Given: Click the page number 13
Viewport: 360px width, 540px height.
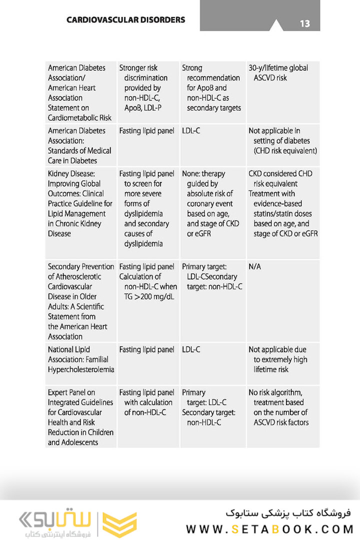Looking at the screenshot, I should pos(305,23).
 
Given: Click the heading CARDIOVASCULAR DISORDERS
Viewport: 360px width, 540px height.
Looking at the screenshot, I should pos(125,20).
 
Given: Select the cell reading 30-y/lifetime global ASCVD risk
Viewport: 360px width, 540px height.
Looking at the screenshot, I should pos(278,73).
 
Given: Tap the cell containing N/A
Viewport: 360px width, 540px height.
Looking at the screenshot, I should pos(254,267).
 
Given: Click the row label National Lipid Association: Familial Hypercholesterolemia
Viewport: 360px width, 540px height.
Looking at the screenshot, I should pos(81,359).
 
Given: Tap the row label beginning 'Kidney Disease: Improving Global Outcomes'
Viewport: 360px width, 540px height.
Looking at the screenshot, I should pos(80,203).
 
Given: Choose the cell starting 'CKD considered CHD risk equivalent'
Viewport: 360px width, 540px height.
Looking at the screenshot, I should pos(282,203).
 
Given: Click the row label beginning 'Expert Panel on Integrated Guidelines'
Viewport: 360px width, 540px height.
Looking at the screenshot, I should pos(80,417).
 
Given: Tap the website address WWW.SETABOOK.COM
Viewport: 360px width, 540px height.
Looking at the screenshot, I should pos(270,529).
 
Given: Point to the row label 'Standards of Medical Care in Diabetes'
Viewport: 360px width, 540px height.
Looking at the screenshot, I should pos(79,145).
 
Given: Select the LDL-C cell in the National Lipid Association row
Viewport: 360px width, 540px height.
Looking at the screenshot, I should pos(191,349).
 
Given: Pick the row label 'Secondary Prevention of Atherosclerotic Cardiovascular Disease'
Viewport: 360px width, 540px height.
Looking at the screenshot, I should pos(81,301).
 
